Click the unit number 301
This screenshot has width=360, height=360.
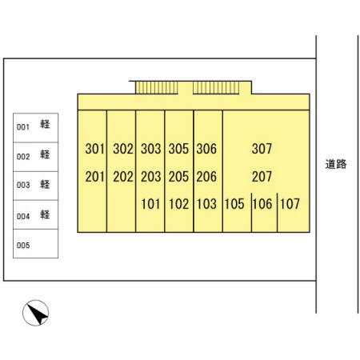94,149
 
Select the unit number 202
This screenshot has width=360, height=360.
123,177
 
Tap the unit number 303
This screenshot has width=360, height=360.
151,149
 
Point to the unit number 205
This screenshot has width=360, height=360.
178,177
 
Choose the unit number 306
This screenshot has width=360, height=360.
206,149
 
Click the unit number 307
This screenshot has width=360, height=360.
262,149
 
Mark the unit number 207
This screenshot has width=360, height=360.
262,177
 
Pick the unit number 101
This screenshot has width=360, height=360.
150,204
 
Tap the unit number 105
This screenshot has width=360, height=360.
234,204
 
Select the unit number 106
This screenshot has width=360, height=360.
262,204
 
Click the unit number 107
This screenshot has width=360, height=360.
290,204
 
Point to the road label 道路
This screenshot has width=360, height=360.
336,164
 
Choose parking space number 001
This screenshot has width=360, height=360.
23,127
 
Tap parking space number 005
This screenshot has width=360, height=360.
23,245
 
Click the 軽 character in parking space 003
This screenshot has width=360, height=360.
45,184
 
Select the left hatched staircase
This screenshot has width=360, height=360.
157,88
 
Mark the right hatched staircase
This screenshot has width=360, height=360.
216,88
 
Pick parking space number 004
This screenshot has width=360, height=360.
23,216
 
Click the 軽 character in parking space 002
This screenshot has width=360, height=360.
45,154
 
